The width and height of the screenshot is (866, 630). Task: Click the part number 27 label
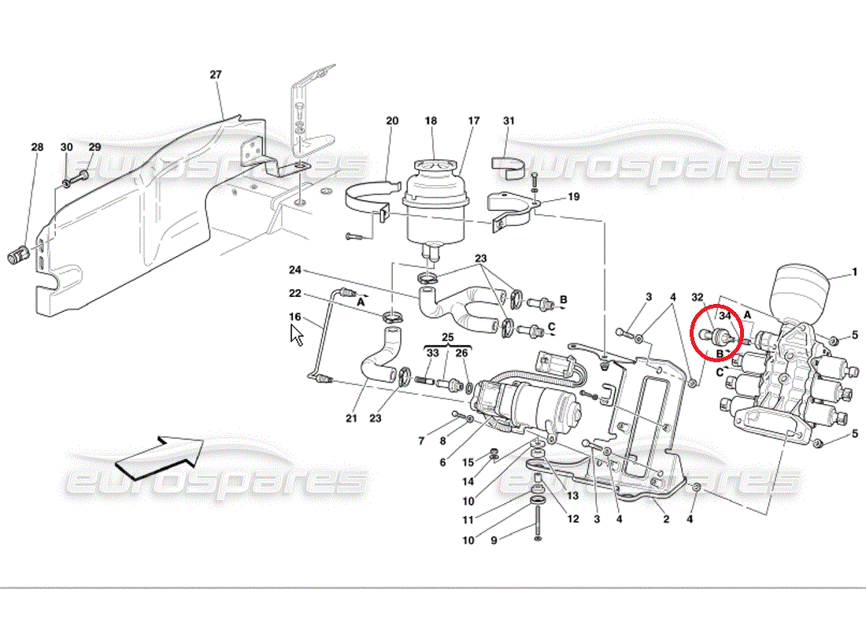(216, 75)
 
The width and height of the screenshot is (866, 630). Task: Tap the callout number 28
(37, 147)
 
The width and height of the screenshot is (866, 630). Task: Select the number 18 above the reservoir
(431, 121)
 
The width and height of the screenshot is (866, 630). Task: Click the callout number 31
(509, 121)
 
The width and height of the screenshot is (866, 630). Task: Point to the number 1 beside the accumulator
(854, 272)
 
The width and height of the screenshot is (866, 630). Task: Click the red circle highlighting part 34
(717, 332)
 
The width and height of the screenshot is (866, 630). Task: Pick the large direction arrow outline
(160, 457)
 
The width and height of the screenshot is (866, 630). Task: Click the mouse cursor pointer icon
(297, 335)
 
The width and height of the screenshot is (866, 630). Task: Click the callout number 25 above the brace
(447, 337)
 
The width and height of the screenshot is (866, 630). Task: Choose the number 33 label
(432, 353)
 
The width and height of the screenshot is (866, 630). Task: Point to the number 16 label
(295, 317)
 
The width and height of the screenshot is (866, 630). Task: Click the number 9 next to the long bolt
(494, 540)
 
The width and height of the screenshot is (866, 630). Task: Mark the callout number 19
(574, 197)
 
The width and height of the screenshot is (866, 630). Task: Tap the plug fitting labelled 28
(18, 255)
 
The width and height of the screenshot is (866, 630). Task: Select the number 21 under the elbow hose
(351, 418)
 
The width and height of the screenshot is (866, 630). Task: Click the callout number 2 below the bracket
(666, 520)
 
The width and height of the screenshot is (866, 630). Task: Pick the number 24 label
(295, 270)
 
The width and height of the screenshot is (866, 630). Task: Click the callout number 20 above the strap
(392, 121)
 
